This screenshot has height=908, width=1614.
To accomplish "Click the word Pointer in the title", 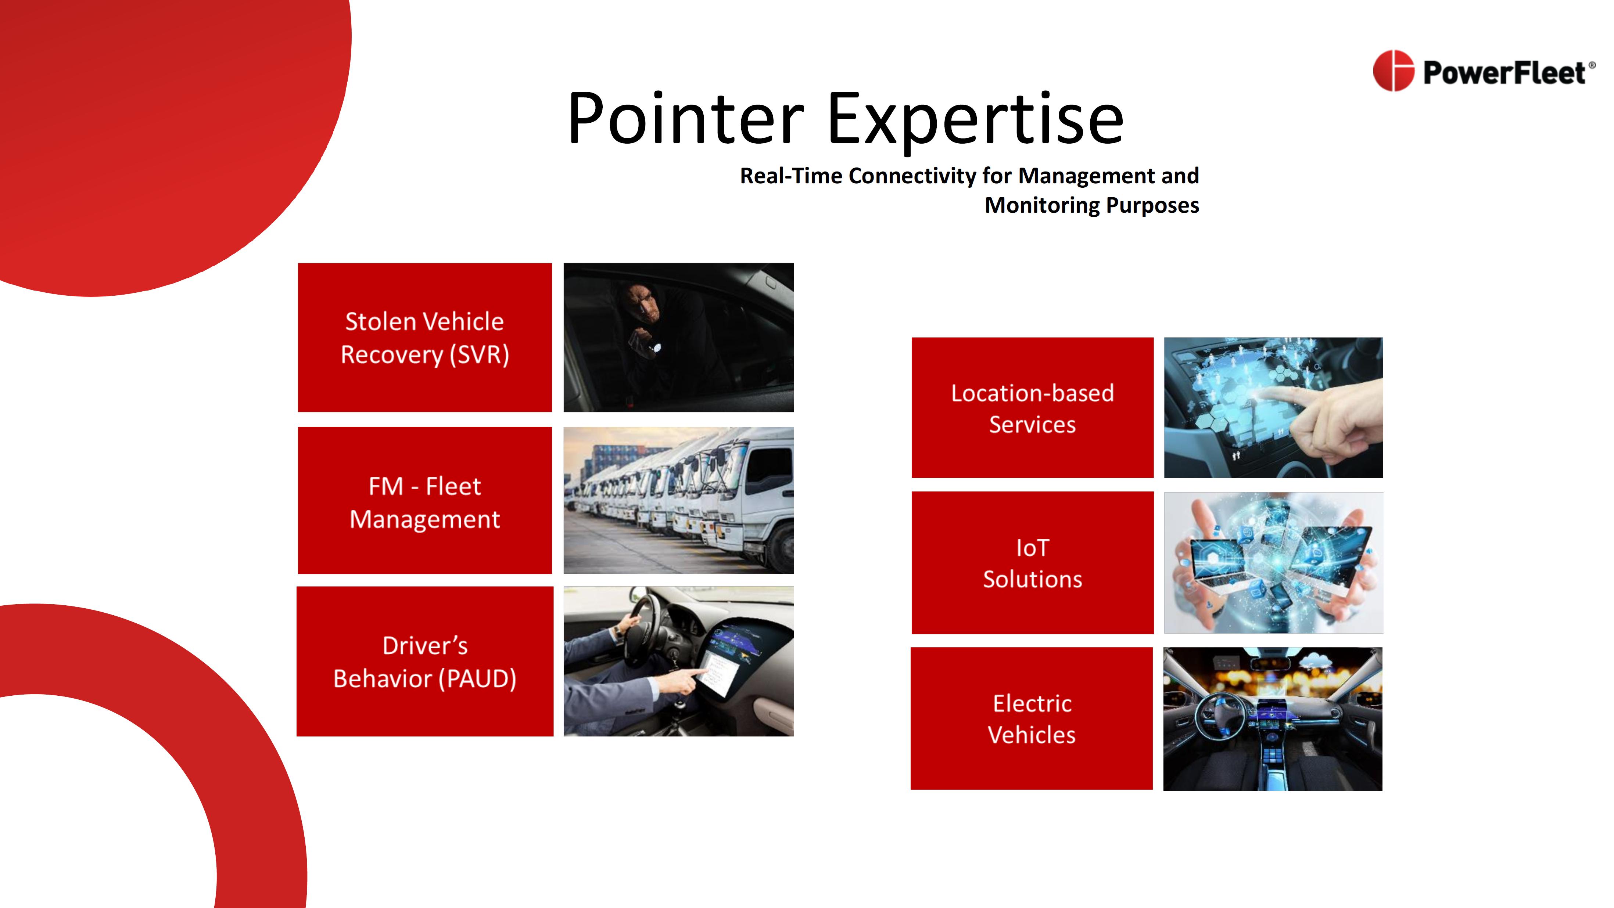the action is [685, 119].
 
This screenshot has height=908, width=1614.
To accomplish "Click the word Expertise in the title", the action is [976, 119].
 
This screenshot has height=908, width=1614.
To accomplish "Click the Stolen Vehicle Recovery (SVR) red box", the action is [425, 338].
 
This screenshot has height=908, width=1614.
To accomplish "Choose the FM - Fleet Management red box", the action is [425, 500].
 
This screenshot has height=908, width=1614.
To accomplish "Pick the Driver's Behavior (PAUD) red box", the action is [425, 661].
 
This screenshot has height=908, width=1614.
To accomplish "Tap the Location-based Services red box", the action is [1033, 408].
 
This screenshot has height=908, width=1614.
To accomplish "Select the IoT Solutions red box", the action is [1033, 563].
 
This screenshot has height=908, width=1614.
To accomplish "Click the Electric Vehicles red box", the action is [1031, 718].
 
